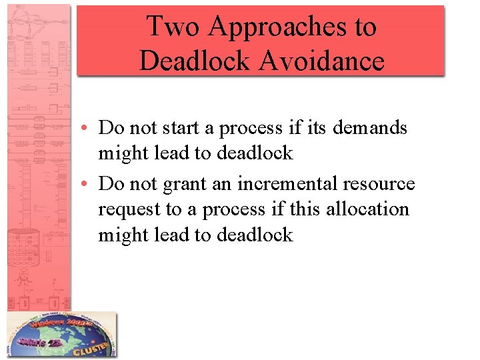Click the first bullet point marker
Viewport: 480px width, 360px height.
point(88,128)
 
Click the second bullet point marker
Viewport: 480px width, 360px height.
point(88,184)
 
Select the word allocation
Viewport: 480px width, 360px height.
point(375,209)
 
